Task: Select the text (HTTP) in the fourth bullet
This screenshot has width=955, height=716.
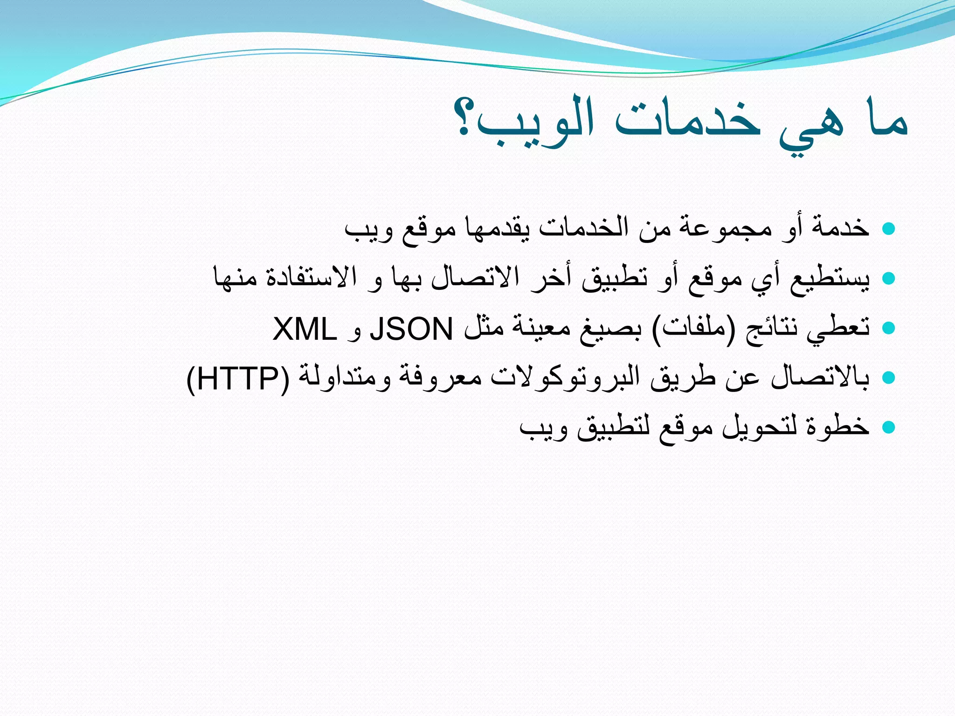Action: pos(238,378)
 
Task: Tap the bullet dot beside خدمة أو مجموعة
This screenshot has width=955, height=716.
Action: pos(889,228)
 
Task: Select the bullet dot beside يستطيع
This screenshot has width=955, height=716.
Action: pos(889,278)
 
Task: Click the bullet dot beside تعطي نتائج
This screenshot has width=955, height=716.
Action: pos(889,328)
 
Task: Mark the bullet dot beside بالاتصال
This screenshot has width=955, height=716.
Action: pos(889,378)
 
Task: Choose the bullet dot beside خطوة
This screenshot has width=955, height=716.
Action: pos(889,427)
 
